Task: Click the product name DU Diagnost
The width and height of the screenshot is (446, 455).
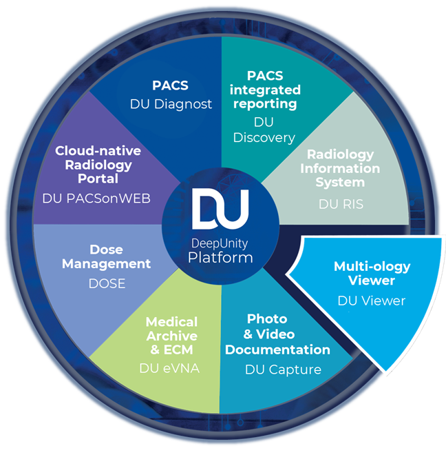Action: pyautogui.click(x=171, y=104)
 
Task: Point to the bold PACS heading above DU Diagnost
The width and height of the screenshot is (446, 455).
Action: pyautogui.click(x=170, y=88)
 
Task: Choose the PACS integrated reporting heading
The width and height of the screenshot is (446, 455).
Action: pyautogui.click(x=273, y=90)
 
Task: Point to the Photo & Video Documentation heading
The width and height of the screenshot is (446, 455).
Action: pyautogui.click(x=278, y=334)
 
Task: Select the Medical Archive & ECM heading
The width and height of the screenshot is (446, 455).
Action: pyautogui.click(x=171, y=336)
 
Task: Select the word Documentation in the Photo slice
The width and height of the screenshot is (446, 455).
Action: pyautogui.click(x=279, y=350)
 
